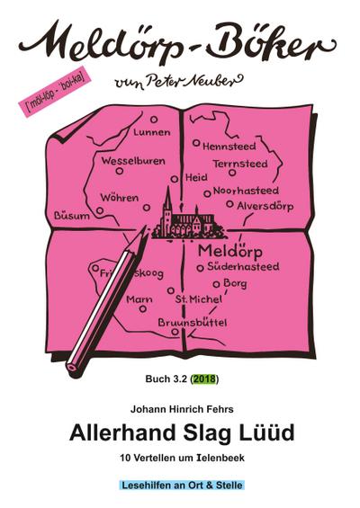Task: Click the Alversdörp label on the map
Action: click(x=267, y=204)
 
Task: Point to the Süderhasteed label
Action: click(x=243, y=267)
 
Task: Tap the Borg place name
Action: click(x=235, y=283)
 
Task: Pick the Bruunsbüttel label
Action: click(x=192, y=321)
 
